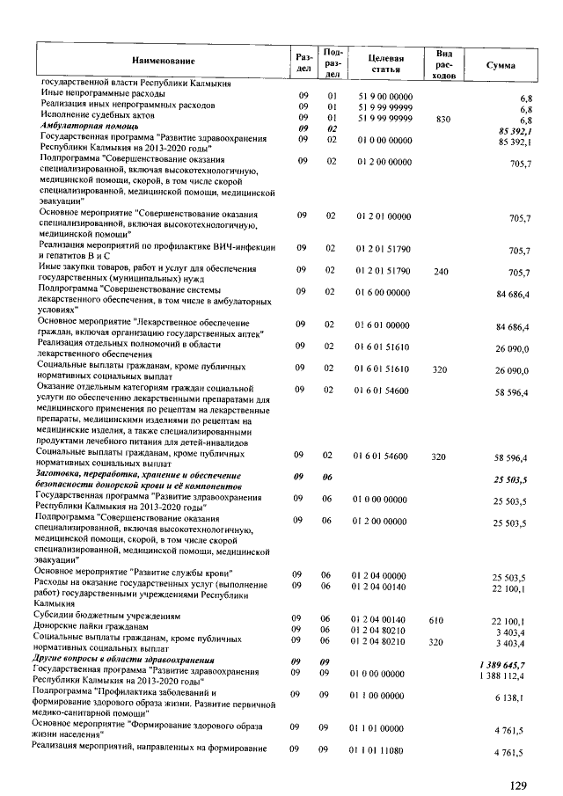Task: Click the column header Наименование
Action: point(163,61)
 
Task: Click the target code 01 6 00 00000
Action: point(384,293)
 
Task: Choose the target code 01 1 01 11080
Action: point(380,750)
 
